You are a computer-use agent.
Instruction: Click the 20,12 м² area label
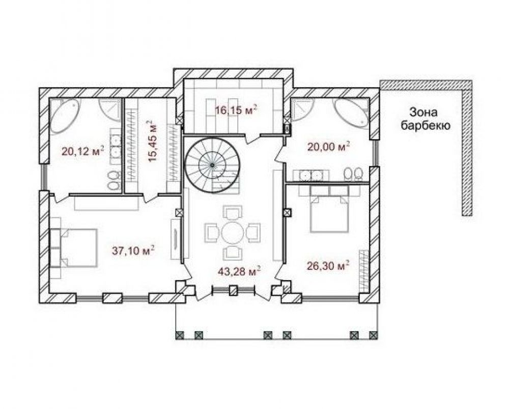[x=83, y=151]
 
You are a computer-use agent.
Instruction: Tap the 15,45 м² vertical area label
[x=152, y=141]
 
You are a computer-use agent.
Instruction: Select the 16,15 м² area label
[x=236, y=110]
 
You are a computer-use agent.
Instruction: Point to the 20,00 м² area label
[x=328, y=147]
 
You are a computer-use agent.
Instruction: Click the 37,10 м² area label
[x=133, y=251]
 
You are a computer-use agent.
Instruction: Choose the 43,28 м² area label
[x=240, y=271]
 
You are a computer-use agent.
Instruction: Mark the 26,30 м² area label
[x=328, y=266]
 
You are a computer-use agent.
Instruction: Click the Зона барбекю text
[x=426, y=119]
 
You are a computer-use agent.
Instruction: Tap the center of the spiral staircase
[x=212, y=166]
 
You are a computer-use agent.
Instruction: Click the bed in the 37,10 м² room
[x=79, y=248]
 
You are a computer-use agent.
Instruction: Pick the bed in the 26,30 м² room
[x=329, y=214]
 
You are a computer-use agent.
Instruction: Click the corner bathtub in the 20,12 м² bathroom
[x=64, y=115]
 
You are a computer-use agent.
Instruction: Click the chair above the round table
[x=233, y=212]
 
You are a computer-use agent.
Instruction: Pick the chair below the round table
[x=233, y=252]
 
